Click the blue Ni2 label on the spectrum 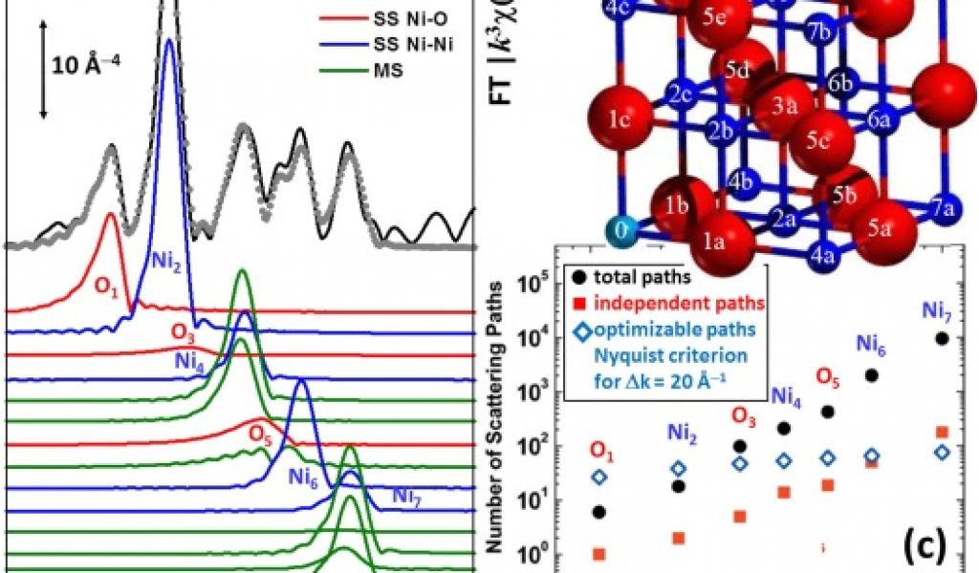click(166, 260)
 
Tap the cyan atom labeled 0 click(621, 230)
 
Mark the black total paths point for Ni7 click(943, 338)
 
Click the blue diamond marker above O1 click(599, 477)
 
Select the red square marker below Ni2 click(680, 538)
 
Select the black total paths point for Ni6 click(871, 375)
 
